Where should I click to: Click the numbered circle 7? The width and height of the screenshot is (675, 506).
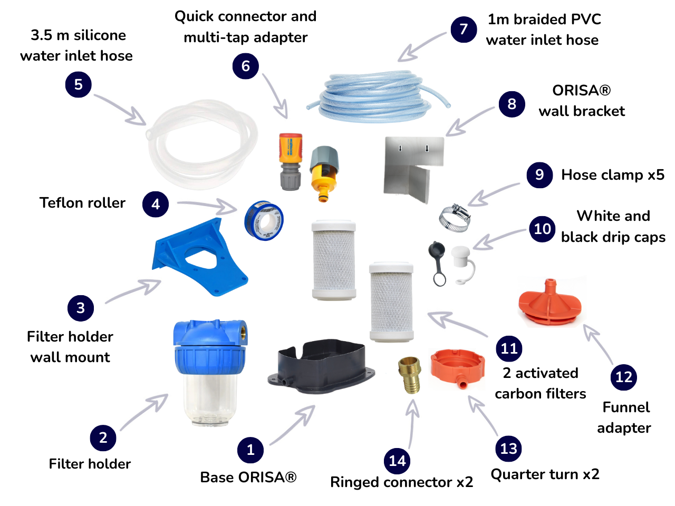pyautogui.click(x=464, y=29)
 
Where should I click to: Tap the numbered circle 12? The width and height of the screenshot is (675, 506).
pyautogui.click(x=624, y=377)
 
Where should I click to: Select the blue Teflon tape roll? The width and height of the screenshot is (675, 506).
pyautogui.click(x=264, y=220)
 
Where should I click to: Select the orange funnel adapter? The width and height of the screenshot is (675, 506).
pyautogui.click(x=549, y=304)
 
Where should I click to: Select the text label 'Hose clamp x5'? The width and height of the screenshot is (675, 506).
pyautogui.click(x=612, y=175)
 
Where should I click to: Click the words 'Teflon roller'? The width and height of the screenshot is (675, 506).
pyautogui.click(x=82, y=203)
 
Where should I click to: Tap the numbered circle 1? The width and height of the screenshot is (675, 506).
pyautogui.click(x=250, y=450)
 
